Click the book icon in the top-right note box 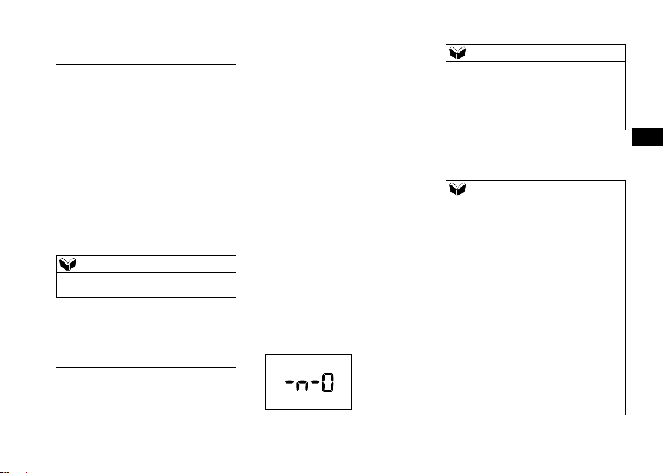pyautogui.click(x=457, y=53)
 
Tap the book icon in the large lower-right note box pyautogui.click(x=457, y=189)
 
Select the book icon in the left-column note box pyautogui.click(x=68, y=264)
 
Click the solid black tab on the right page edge pyautogui.click(x=648, y=137)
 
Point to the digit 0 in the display pyautogui.click(x=327, y=382)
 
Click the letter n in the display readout pyautogui.click(x=302, y=386)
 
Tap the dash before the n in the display pyautogui.click(x=289, y=382)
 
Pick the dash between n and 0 pyautogui.click(x=315, y=382)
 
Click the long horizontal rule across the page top pyautogui.click(x=341, y=39)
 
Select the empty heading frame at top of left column pyautogui.click(x=146, y=64)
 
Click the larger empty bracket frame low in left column pyautogui.click(x=146, y=368)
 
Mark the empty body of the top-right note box pyautogui.click(x=536, y=95)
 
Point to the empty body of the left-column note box pyautogui.click(x=146, y=285)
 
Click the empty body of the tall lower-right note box pyautogui.click(x=536, y=306)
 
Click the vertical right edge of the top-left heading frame pyautogui.click(x=236, y=55)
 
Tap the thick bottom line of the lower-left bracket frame pyautogui.click(x=146, y=368)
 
